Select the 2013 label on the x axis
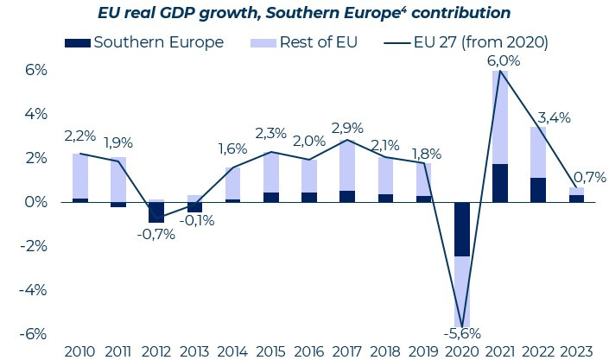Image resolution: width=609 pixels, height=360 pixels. (194, 351)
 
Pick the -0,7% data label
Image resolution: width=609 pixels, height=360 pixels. (156, 234)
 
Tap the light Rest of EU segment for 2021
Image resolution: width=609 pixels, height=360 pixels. (500, 117)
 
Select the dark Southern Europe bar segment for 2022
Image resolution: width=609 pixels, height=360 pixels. (537, 190)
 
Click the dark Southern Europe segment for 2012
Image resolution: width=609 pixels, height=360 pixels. (156, 212)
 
